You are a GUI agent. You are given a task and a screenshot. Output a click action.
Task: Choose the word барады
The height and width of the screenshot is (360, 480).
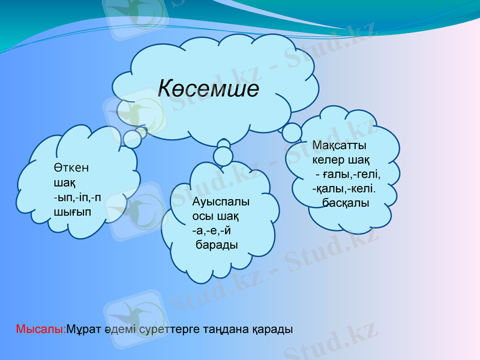point(216,245)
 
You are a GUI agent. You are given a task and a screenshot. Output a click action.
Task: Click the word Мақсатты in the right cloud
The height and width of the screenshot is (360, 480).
point(340,146)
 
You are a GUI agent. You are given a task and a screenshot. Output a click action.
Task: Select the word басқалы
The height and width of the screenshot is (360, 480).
point(346,203)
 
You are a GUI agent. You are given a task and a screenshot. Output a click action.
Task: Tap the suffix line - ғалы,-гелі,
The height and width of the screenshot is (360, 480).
point(348,175)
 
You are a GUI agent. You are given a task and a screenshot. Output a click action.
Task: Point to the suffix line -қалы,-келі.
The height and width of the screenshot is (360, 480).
point(344,189)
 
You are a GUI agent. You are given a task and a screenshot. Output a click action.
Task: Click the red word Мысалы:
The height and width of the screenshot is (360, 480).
point(41,329)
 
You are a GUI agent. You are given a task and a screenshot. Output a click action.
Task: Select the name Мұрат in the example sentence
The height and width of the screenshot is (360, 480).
point(82,329)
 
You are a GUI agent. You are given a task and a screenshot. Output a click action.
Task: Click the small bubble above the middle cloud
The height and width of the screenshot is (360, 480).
point(223,156)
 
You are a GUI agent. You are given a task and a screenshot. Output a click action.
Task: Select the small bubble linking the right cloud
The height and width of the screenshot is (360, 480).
point(292,133)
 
